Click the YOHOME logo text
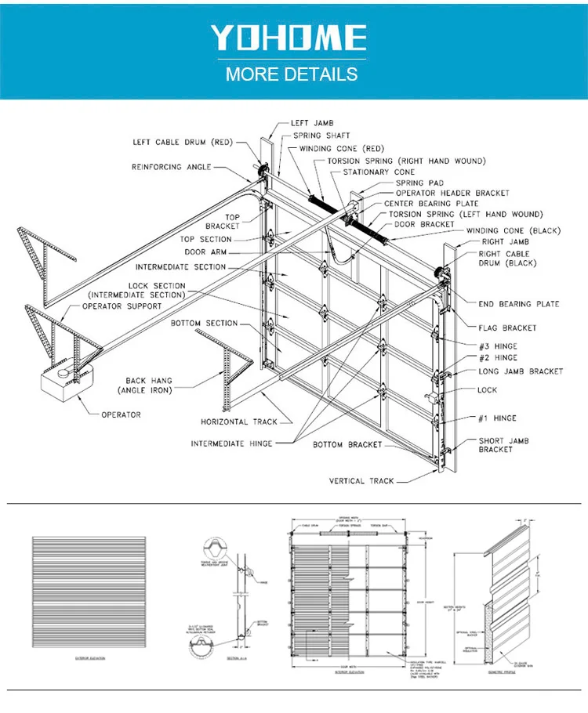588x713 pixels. (289, 38)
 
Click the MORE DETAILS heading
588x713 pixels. (292, 75)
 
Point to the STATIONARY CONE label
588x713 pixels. (379, 172)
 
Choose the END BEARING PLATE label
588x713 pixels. (518, 304)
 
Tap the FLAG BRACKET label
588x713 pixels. (507, 328)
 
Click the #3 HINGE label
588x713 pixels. (498, 346)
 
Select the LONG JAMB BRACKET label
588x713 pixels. (524, 371)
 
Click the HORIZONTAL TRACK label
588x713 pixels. (238, 422)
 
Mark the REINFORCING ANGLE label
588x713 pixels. (167, 167)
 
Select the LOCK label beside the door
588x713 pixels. (487, 389)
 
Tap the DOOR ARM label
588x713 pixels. (206, 252)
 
